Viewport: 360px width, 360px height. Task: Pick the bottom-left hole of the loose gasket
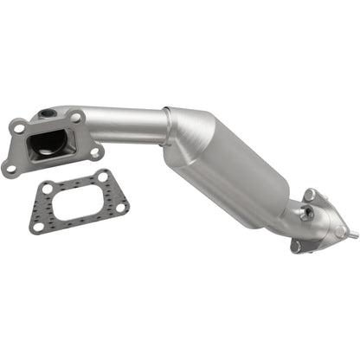37,226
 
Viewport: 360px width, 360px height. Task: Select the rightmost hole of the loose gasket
121,207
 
